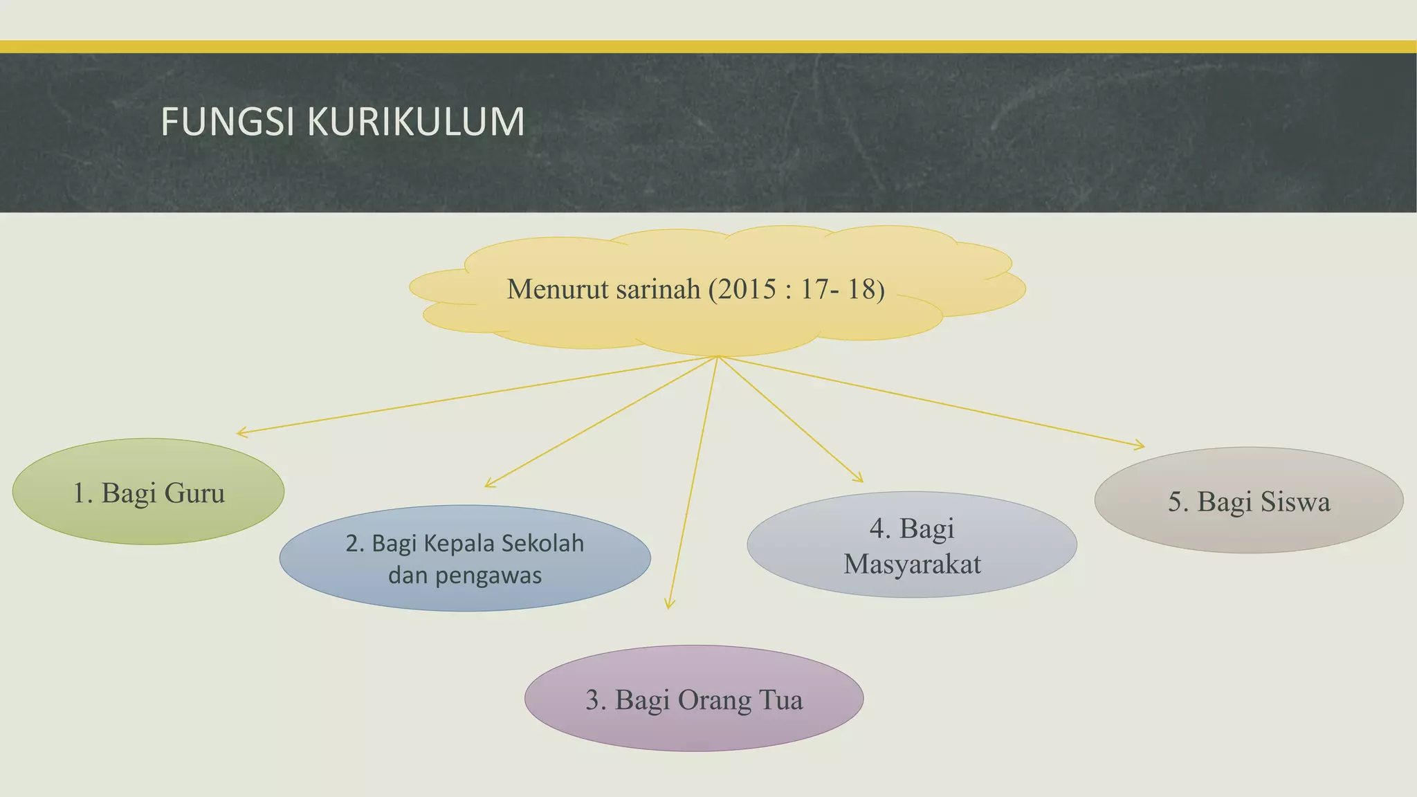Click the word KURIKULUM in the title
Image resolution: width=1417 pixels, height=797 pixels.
(x=415, y=122)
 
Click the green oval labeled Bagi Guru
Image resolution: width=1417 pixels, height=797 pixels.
(x=148, y=491)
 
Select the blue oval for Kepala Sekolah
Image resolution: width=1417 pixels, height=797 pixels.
(x=465, y=558)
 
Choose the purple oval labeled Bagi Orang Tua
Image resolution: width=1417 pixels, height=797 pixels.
(x=694, y=698)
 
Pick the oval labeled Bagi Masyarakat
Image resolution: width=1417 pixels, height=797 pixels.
(x=912, y=544)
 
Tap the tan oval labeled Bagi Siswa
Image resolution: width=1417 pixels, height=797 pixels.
(x=1249, y=500)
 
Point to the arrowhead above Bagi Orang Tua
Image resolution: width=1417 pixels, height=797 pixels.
(x=669, y=605)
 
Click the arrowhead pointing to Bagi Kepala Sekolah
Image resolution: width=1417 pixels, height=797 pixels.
(x=488, y=484)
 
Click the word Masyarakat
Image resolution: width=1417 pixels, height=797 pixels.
(x=912, y=564)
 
